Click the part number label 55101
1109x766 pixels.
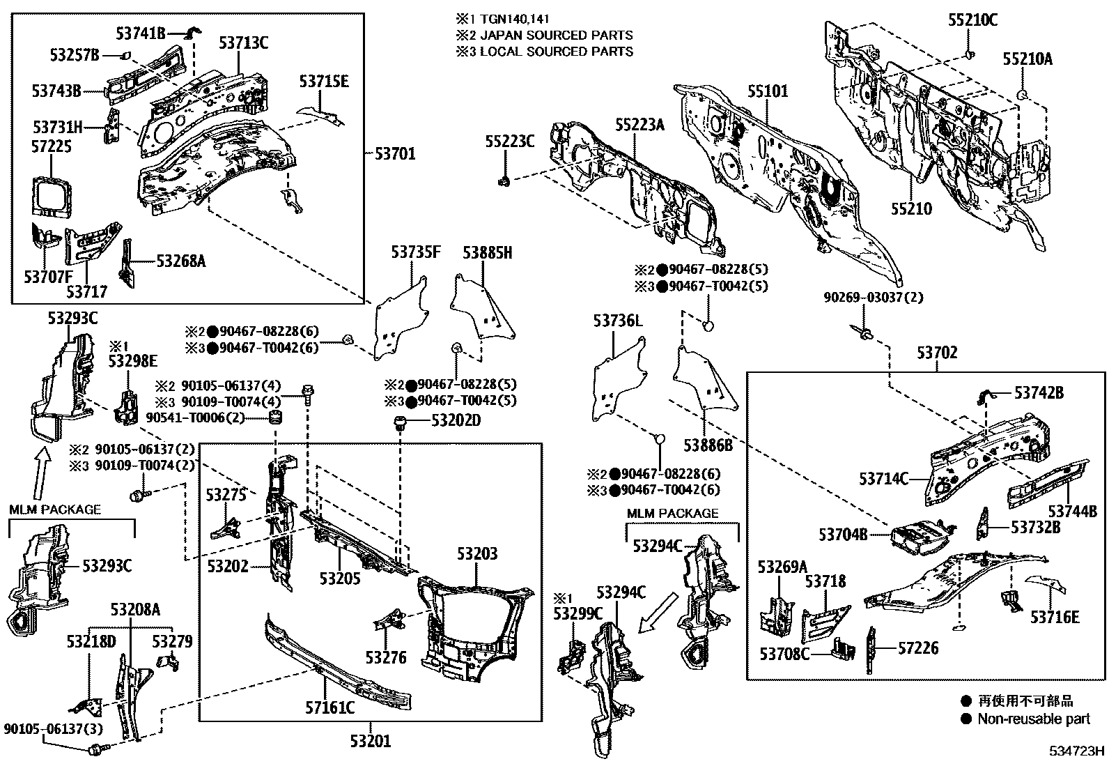pos(768,91)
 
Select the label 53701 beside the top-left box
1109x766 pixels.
pos(394,153)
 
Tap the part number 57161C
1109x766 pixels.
pos(329,709)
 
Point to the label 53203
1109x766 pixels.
pos(477,554)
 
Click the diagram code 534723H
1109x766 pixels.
pos(1078,751)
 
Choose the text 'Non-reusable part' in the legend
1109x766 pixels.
pos(1034,719)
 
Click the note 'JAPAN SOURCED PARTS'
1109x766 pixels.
pos(556,35)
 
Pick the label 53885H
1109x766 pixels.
pos(488,253)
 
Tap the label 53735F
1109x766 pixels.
pos(415,253)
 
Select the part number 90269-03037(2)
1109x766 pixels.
pos(873,298)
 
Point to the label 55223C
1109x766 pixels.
pos(509,141)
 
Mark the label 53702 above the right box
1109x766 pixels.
pos(936,353)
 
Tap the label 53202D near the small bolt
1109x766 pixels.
pos(456,420)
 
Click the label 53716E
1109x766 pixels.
pos(1055,617)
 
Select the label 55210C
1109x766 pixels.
pos(972,20)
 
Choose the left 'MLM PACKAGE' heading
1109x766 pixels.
pos(55,510)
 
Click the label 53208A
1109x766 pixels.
pos(135,610)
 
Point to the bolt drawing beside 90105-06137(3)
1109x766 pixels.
pos(95,750)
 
